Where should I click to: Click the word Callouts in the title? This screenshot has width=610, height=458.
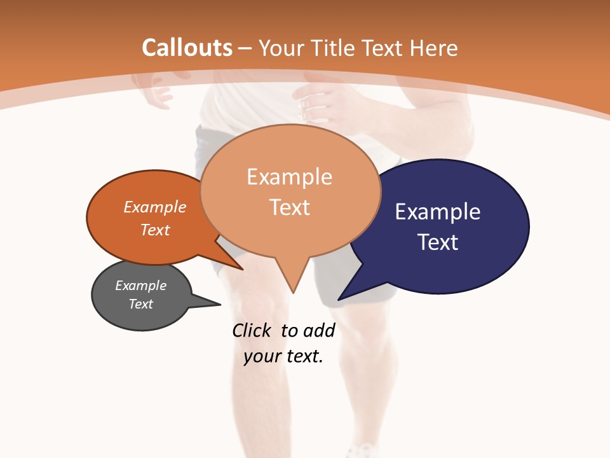187,48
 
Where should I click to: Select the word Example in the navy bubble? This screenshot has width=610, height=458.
437,211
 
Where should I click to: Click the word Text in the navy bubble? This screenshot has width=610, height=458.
437,242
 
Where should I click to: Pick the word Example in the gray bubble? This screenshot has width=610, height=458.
140,286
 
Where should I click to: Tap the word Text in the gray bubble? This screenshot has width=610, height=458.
140,304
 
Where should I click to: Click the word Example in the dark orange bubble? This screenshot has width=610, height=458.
154,207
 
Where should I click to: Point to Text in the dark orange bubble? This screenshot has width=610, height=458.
154,230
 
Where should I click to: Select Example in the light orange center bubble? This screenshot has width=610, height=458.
289,177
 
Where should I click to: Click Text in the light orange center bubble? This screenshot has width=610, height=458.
289,207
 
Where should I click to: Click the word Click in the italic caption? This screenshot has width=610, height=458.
251,330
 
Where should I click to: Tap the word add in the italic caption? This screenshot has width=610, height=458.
318,330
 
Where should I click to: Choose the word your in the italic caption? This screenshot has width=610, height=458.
261,356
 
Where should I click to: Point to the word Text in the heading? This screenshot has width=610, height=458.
383,48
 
